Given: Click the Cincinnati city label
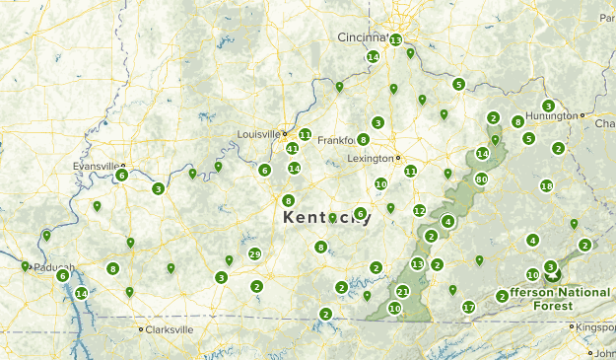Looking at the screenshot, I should click(x=364, y=37).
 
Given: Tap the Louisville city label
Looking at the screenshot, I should click(x=258, y=134).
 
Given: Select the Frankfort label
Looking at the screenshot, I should click(x=335, y=140).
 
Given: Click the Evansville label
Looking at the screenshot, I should click(x=97, y=167).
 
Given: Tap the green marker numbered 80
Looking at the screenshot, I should click(x=481, y=180).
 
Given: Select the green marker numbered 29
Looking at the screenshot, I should click(x=254, y=254).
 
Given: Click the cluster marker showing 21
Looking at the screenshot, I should click(x=402, y=292).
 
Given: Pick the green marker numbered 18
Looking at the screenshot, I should click(x=547, y=186).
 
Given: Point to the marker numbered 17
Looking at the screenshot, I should click(x=469, y=308).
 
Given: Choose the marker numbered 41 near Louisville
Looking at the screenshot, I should click(x=292, y=149).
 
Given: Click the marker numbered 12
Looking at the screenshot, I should click(x=419, y=210).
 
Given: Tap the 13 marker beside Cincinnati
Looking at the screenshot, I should click(x=395, y=40).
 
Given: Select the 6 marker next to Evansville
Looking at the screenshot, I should click(x=121, y=176).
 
